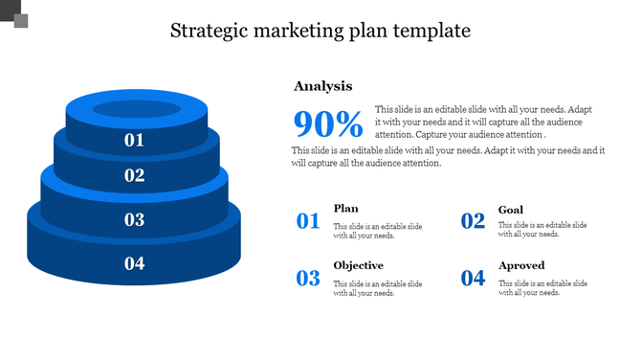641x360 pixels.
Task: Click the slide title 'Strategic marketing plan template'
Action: (320, 31)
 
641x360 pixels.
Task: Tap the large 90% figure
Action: (327, 124)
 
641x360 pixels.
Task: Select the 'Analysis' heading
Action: (322, 86)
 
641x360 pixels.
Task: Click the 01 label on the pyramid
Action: (134, 140)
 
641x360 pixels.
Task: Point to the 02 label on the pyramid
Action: (134, 175)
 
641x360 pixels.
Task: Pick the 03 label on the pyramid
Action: (134, 219)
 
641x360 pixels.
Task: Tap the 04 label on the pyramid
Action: (134, 263)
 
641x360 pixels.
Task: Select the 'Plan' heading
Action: (345, 209)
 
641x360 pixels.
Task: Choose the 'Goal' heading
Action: (510, 210)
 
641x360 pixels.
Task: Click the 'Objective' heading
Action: (358, 265)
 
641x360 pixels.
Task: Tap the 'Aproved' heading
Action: (521, 265)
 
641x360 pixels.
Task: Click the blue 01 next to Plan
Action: (308, 222)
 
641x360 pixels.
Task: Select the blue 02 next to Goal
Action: (474, 222)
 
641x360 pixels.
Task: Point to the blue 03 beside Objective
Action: (308, 279)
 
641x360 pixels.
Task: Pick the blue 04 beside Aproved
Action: (474, 279)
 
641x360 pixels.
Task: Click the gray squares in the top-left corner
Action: (14, 14)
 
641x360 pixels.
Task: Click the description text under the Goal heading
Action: (542, 230)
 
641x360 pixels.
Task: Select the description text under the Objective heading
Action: (377, 288)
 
